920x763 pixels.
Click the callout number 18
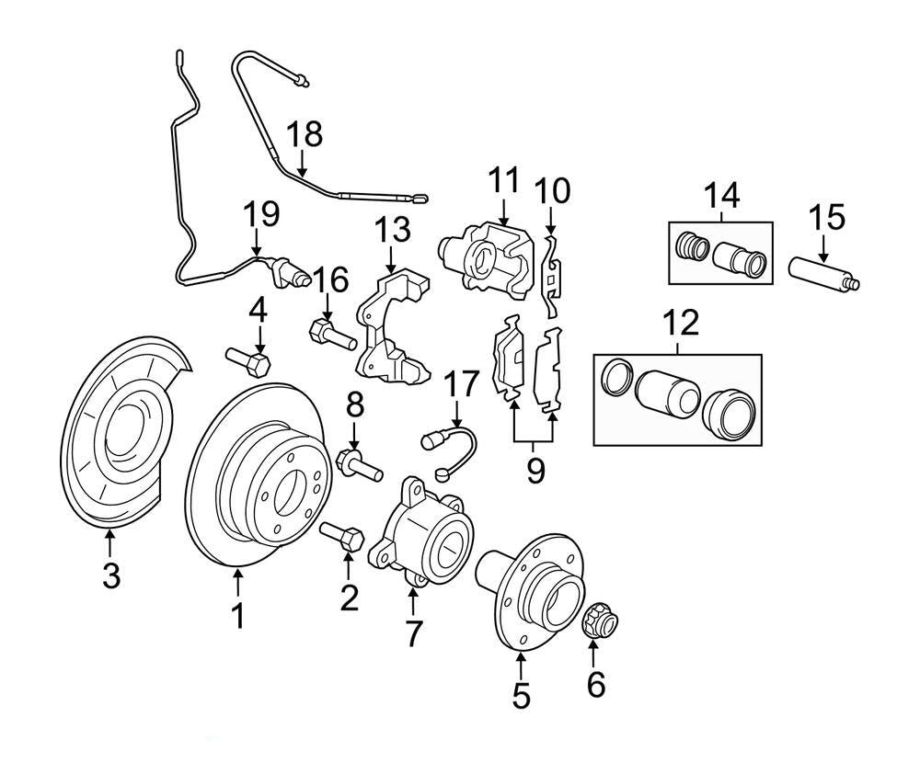[x=305, y=134]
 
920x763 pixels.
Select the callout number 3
[x=110, y=576]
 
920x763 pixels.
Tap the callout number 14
[x=722, y=195]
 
